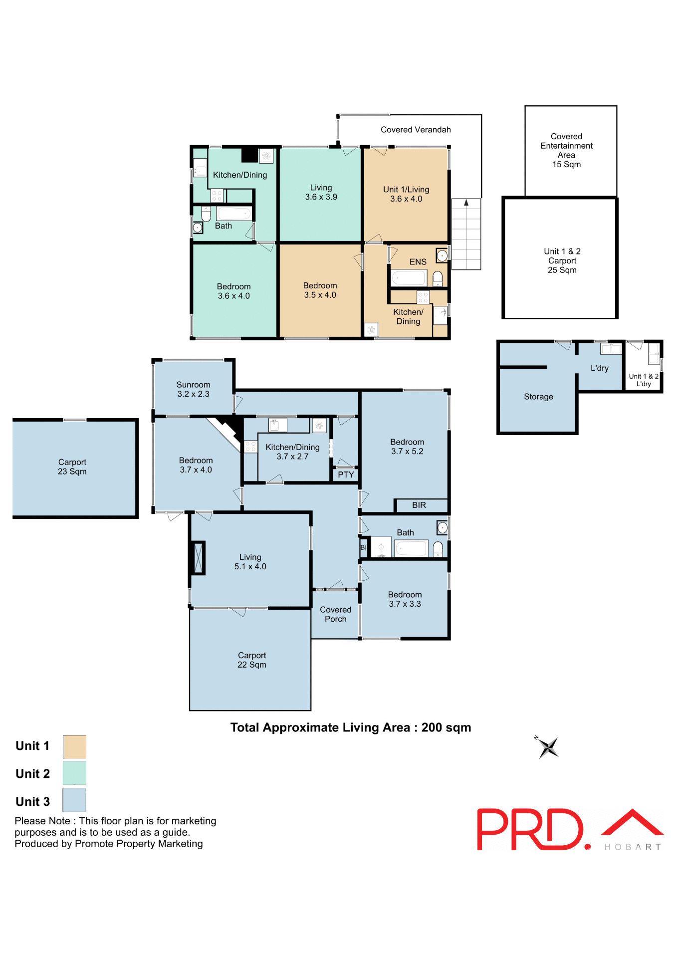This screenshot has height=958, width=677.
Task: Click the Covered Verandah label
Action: (415, 130)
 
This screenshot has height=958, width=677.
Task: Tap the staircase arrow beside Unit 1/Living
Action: (466, 203)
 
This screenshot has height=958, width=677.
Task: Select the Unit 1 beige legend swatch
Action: (74, 746)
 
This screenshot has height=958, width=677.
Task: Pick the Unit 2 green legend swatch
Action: (74, 773)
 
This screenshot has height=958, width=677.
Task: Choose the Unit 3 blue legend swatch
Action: (74, 800)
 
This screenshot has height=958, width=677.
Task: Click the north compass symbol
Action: (548, 747)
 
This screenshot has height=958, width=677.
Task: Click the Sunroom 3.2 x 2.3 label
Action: (193, 389)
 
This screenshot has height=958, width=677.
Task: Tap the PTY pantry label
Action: (345, 475)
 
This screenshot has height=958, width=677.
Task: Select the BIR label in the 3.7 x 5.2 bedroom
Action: (419, 505)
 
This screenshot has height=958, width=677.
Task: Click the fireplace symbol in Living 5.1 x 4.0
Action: (198, 558)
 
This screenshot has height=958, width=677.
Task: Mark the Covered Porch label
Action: (335, 614)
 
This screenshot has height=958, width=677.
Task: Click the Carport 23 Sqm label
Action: (72, 467)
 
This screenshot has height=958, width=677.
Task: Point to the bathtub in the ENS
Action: (409, 277)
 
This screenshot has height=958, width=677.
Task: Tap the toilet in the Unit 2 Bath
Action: (206, 214)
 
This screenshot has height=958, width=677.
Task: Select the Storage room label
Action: (538, 397)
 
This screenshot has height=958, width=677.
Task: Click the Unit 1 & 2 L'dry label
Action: (643, 380)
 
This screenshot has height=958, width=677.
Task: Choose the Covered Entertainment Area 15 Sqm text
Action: (566, 150)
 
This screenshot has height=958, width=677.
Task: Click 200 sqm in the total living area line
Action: (446, 727)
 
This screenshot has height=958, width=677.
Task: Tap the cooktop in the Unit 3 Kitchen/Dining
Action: (250, 446)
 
